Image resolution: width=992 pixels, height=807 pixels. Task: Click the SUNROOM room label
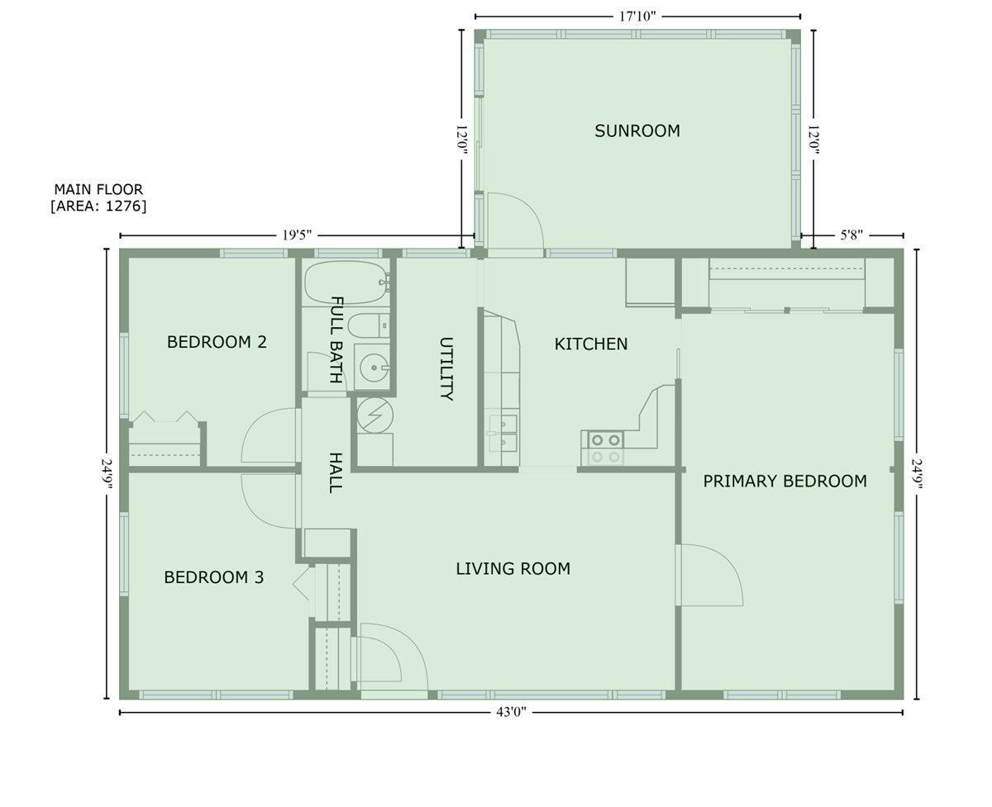click(x=637, y=131)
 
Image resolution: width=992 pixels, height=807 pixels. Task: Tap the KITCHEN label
click(x=590, y=344)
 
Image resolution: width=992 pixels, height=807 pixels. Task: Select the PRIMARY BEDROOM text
click(x=785, y=481)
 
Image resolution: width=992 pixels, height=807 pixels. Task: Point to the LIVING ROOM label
click(x=513, y=568)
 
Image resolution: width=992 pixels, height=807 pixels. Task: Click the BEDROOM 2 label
click(x=217, y=342)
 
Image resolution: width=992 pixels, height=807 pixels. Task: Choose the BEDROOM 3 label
click(x=214, y=577)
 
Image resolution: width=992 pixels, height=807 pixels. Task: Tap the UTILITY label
click(x=446, y=368)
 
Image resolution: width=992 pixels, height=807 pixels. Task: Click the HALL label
click(x=336, y=472)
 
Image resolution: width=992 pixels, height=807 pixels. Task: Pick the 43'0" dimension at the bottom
click(x=510, y=713)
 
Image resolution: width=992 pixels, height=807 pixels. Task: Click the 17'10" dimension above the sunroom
click(x=637, y=17)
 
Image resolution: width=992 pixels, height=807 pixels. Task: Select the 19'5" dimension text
click(x=297, y=235)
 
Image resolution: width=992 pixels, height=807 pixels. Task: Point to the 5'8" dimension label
click(x=851, y=235)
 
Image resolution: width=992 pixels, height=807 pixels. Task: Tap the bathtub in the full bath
click(x=346, y=282)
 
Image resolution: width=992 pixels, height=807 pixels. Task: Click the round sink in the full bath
click(x=374, y=368)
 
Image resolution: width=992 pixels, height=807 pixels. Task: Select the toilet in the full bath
click(x=369, y=325)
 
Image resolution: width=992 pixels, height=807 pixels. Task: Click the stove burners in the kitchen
click(x=605, y=448)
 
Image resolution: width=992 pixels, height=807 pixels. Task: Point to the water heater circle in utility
click(x=375, y=415)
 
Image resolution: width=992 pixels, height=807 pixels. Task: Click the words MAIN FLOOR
click(x=98, y=189)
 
